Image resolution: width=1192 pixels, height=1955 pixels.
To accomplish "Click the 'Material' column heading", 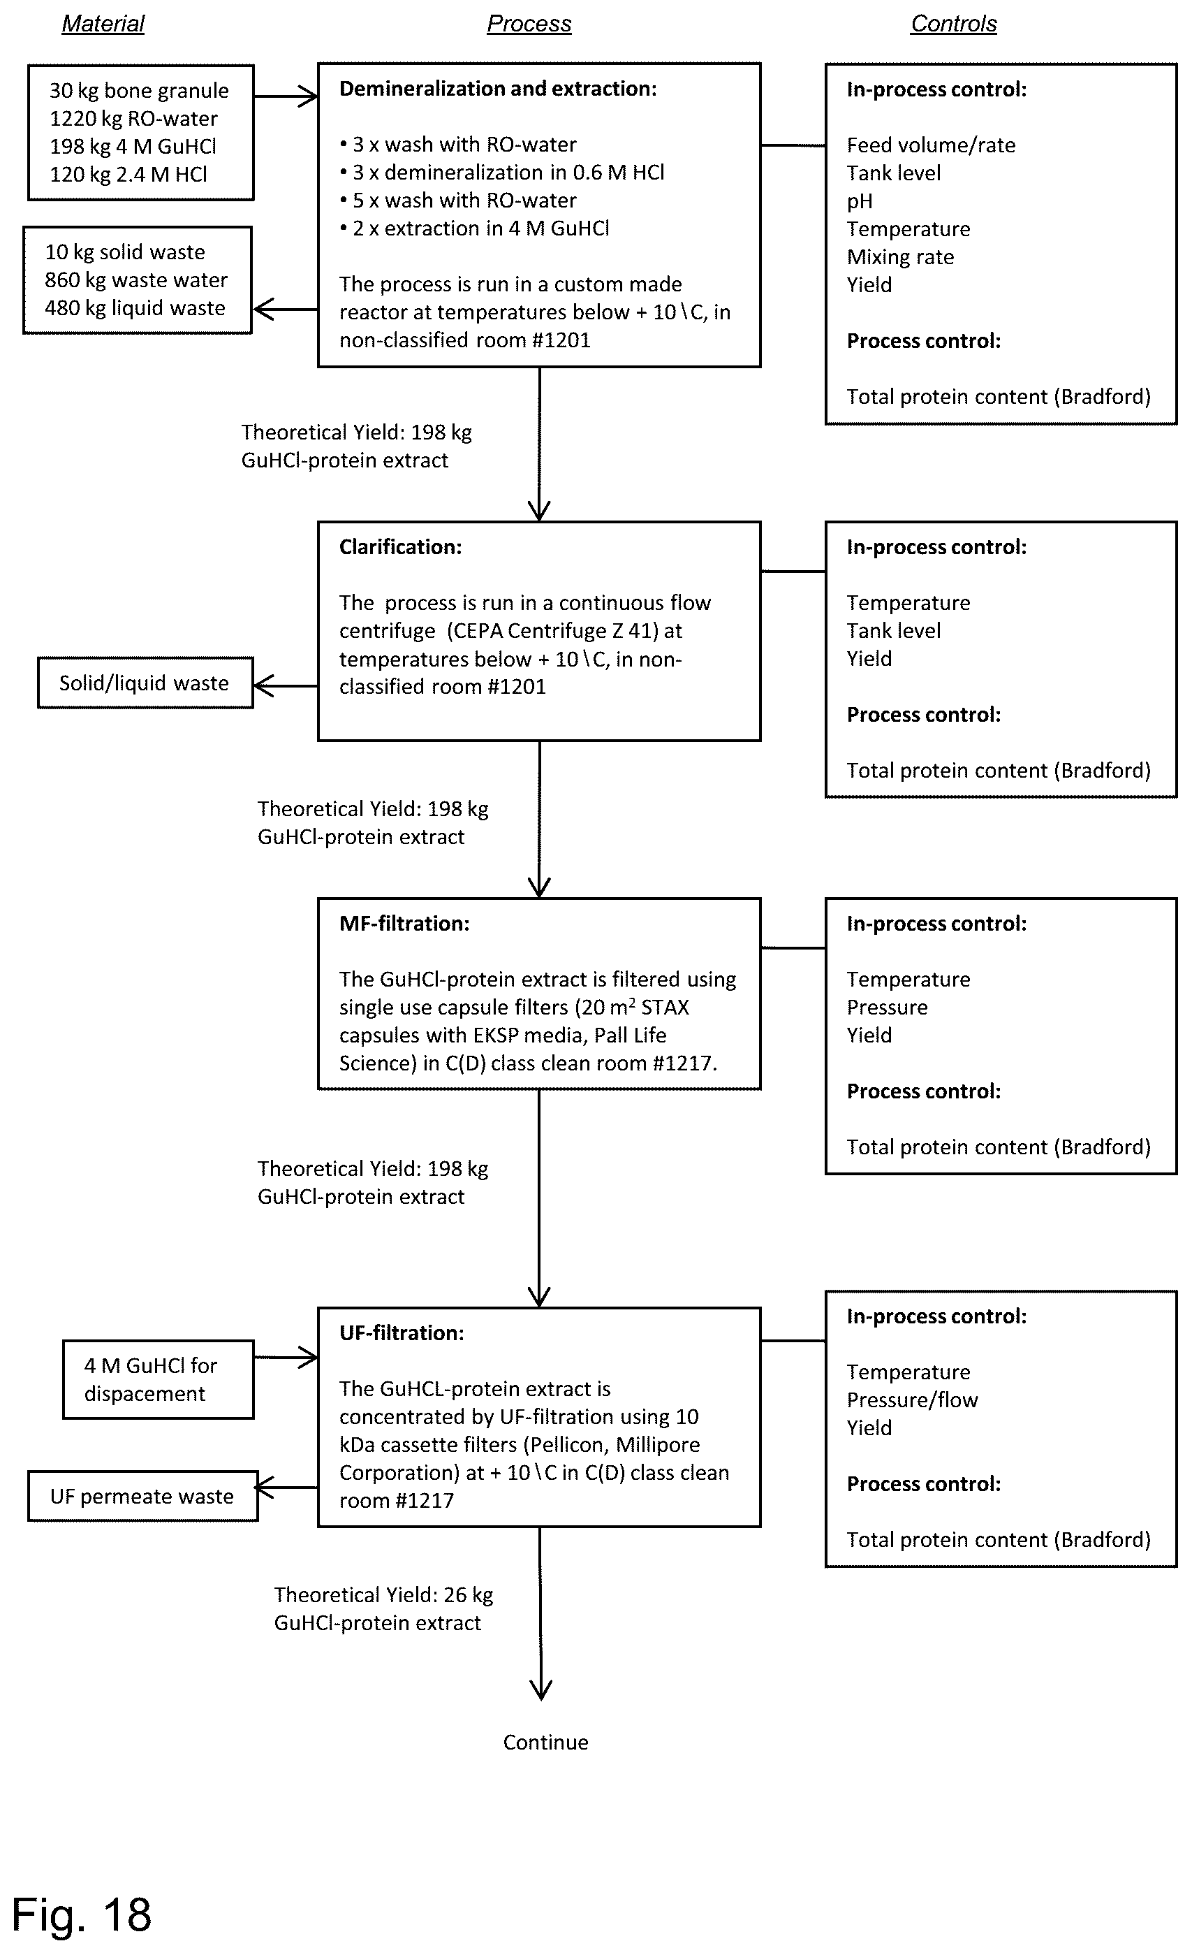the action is pos(103,24).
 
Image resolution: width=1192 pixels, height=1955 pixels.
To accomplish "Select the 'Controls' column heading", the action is pos(953,24).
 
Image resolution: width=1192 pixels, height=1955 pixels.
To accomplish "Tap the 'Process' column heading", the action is pos(529,24).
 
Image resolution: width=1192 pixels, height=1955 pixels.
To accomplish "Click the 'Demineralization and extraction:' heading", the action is pos(498,89).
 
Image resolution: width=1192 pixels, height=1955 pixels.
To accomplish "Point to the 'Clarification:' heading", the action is pos(401,546).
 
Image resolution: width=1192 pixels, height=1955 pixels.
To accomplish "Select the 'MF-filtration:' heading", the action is pos(404,924).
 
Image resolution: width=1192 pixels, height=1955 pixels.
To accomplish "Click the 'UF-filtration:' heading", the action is pos(402,1333).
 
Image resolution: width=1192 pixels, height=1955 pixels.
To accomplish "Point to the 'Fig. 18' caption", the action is pos(81,1914).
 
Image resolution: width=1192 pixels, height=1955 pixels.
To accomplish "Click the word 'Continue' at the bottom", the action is pos(545,1743).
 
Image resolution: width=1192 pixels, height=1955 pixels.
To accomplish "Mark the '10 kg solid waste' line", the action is pos(125,252).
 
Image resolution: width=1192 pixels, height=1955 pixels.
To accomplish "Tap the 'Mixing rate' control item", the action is pos(900,257).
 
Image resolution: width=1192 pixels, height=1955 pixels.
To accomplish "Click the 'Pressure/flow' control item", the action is pos(912,1400).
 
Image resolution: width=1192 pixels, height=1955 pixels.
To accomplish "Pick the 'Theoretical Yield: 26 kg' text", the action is pos(384,1594).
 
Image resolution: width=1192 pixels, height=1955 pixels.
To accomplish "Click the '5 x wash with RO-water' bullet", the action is pos(457,201).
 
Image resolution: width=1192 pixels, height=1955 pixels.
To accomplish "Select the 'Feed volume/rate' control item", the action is pos(931,145).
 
